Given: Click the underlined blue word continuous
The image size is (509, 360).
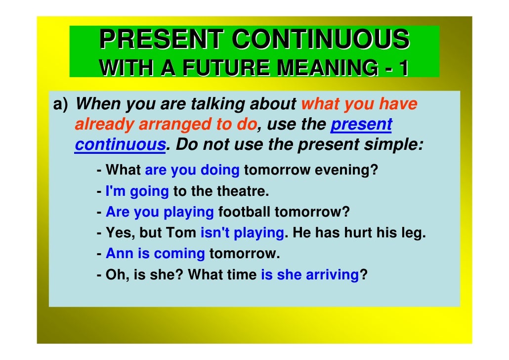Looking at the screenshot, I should pos(119,145).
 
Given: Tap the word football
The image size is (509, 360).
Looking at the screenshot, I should pos(244,212).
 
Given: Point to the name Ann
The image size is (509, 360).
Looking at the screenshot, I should pos(119,254).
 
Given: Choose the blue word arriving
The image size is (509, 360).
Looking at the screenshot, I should pos(332,274).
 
